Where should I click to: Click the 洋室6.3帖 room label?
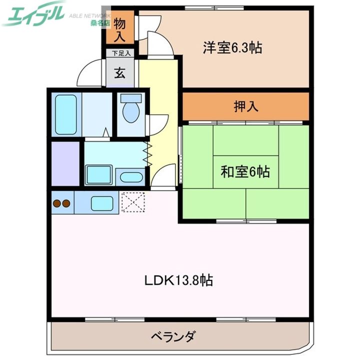[x=232, y=48]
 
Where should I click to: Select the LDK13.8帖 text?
[x=179, y=280]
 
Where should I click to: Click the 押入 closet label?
[x=245, y=106]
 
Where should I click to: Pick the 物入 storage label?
[x=120, y=29]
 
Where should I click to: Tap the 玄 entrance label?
[x=120, y=73]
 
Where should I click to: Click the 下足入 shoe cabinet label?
[x=120, y=52]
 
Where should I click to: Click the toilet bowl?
[x=131, y=111]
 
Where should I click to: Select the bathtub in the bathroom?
[x=66, y=113]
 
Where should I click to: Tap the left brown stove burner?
[x=57, y=203]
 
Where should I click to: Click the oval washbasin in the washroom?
[x=131, y=177]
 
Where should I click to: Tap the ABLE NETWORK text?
[x=87, y=15]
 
